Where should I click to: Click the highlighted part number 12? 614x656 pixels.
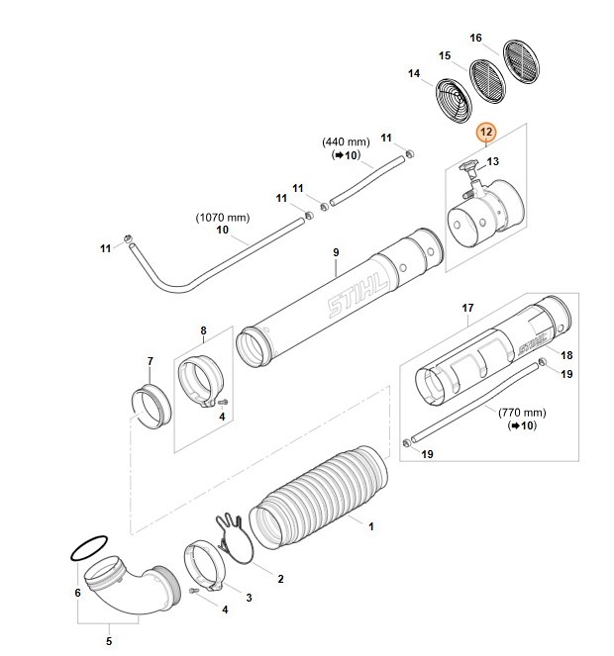(x=485, y=132)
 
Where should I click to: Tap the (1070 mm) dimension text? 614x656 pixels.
(x=222, y=218)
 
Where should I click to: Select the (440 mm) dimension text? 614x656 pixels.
(x=345, y=142)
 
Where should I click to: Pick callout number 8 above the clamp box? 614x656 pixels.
(x=204, y=330)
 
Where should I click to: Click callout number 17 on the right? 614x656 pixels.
(x=469, y=308)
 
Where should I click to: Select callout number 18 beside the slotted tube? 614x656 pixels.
(x=567, y=354)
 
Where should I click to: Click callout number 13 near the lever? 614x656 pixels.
(x=493, y=160)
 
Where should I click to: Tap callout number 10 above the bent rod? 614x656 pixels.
(x=222, y=230)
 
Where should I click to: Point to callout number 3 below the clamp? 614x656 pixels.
(x=249, y=597)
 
